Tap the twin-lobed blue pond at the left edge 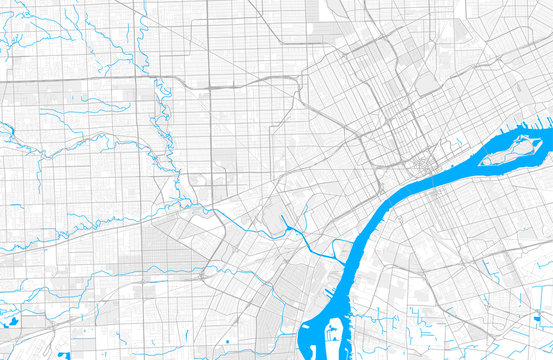[15, 322]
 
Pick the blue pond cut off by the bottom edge [64, 355]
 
